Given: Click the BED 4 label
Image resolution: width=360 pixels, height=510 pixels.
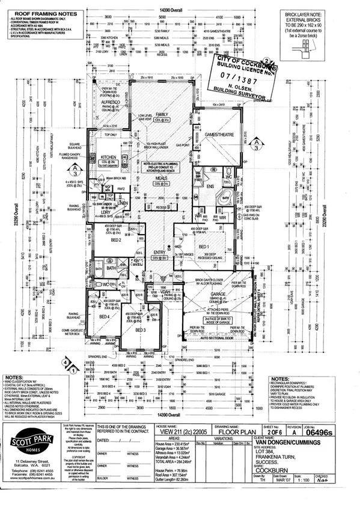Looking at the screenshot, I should click(103, 316).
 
